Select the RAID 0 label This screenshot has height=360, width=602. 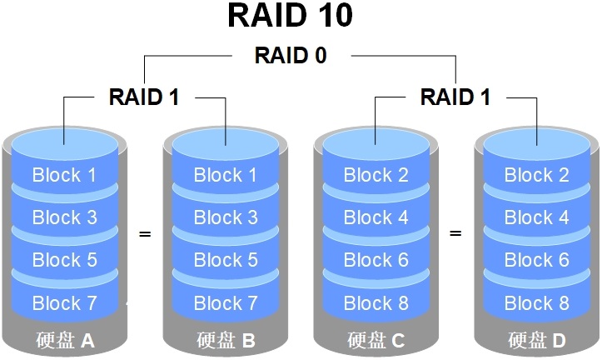point(290,56)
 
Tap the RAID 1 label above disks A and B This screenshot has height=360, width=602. point(144,97)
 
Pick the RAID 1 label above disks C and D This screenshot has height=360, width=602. point(455,97)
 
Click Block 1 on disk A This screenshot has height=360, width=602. point(64,175)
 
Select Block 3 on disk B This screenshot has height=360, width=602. point(226,217)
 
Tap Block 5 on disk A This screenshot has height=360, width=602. point(64,260)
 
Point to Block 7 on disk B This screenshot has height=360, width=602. point(226,302)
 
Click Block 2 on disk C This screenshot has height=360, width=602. point(376,175)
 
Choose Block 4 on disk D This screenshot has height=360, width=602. point(537,217)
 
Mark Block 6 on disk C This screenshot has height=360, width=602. point(376,260)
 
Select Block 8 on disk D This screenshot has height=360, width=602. point(537,302)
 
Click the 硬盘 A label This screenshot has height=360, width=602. point(65,340)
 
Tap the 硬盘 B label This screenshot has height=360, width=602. point(226,340)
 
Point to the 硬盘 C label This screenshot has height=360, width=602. point(376,340)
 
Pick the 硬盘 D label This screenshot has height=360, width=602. point(537,340)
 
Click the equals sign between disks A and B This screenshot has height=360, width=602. point(145,234)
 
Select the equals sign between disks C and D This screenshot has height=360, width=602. point(455,234)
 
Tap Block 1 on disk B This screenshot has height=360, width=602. point(226,175)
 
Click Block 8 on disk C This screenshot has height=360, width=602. point(376,302)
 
